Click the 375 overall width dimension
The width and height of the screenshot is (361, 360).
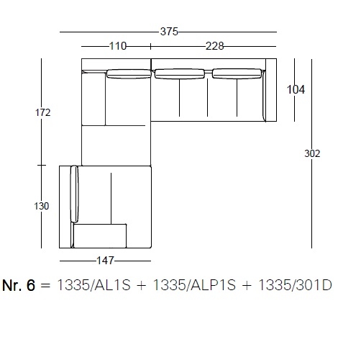pyautogui.click(x=169, y=32)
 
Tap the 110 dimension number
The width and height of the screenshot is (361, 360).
pyautogui.click(x=118, y=46)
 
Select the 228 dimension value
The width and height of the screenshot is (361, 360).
pyautogui.click(x=215, y=46)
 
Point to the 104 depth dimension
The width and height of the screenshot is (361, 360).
pyautogui.click(x=296, y=89)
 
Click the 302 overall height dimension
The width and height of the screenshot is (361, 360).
pyautogui.click(x=312, y=153)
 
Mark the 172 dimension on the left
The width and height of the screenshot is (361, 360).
pyautogui.click(x=43, y=112)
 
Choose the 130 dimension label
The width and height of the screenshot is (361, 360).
pyautogui.click(x=42, y=206)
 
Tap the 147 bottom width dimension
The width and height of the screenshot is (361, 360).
pyautogui.click(x=105, y=261)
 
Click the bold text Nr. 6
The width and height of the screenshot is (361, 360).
pyautogui.click(x=19, y=285)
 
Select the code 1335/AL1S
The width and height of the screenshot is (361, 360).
pyautogui.click(x=94, y=285)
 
